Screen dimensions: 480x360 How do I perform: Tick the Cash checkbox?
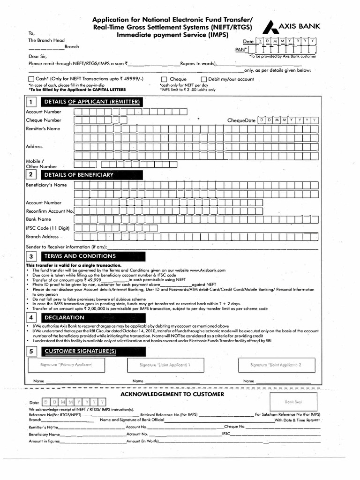[x=31, y=79]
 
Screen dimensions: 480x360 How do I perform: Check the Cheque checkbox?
[x=164, y=79]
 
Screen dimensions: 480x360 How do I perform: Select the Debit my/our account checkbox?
[x=204, y=79]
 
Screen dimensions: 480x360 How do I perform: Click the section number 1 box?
[x=31, y=102]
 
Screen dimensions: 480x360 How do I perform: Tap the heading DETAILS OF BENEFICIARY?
[x=79, y=175]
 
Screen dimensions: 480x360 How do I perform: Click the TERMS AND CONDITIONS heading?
[x=80, y=256]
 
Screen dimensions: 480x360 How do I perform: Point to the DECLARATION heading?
[x=64, y=317]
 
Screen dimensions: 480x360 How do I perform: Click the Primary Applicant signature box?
[x=66, y=365]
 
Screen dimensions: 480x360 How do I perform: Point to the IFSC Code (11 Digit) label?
[x=47, y=228]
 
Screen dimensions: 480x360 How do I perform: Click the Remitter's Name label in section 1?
[x=43, y=128]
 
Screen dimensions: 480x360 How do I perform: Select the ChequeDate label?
[x=241, y=120]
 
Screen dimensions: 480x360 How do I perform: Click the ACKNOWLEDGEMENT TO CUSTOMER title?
[x=172, y=394]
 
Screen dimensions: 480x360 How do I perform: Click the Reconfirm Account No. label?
[x=50, y=211]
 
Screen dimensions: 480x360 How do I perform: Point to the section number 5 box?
[x=31, y=351]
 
